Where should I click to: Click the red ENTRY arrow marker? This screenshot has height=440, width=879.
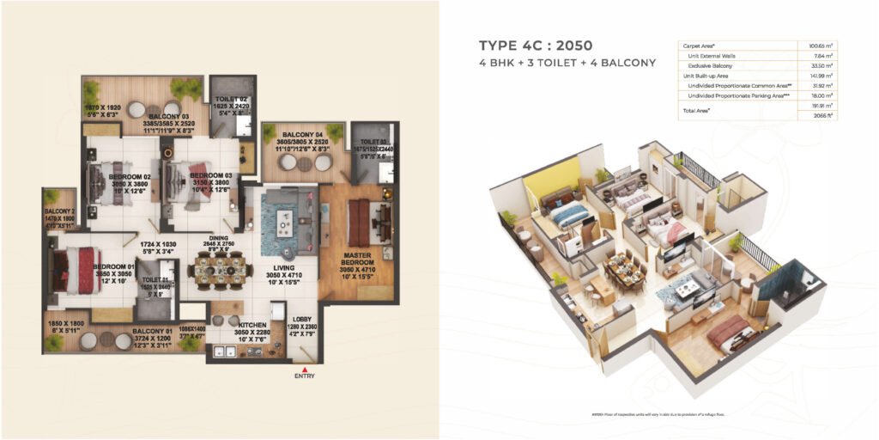[304, 370]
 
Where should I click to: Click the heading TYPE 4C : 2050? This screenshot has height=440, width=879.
[536, 46]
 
